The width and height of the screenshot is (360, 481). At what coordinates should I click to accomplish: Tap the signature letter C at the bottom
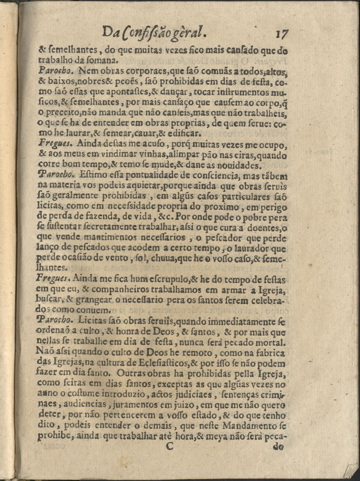click(x=169, y=446)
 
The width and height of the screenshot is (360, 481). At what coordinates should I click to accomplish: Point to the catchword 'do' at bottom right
click(x=278, y=447)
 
